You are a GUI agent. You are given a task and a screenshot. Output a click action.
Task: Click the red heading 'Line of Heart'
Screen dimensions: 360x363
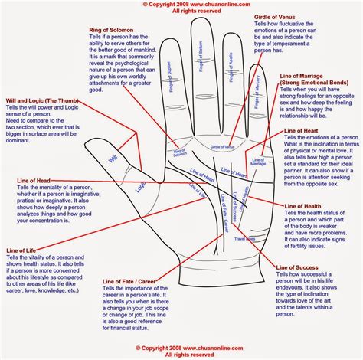(x=303, y=132)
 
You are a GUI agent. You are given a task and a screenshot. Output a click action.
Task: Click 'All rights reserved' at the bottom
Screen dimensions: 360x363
(x=182, y=355)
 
